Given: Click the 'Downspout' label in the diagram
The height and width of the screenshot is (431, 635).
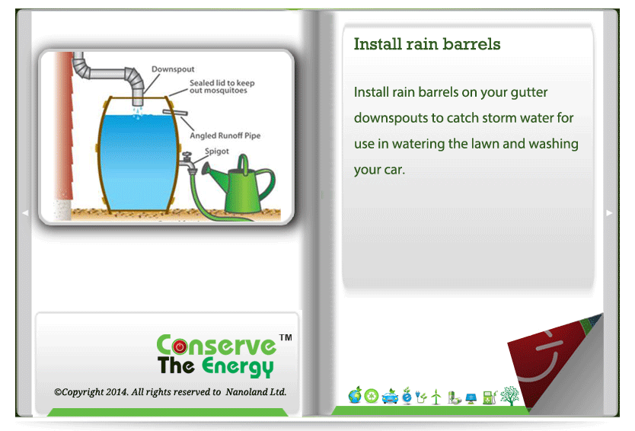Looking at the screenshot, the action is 173,69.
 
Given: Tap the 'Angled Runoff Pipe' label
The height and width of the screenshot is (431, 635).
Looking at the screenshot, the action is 225,136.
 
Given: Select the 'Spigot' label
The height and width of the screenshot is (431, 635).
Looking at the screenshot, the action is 217,151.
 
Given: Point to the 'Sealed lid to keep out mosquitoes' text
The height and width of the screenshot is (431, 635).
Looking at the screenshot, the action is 222,86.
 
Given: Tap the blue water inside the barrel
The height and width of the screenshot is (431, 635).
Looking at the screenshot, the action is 138,162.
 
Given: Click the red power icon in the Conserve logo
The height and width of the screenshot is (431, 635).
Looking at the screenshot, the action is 180,346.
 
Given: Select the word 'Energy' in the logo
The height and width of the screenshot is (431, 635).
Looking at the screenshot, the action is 238,366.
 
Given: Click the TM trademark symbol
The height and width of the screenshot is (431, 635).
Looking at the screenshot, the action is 286,337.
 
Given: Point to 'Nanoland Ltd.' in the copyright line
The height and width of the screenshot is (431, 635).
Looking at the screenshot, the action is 256,391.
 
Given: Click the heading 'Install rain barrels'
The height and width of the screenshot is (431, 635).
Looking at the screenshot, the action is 427,43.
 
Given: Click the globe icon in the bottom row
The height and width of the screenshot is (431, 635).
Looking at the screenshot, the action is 355,395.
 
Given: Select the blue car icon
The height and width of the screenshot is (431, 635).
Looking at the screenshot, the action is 390,397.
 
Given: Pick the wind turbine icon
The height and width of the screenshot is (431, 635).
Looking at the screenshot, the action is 436,397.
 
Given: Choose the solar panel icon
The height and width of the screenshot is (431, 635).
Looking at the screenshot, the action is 471,398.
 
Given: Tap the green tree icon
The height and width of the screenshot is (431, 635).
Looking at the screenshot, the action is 509,396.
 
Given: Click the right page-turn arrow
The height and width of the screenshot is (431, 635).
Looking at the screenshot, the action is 609,213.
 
